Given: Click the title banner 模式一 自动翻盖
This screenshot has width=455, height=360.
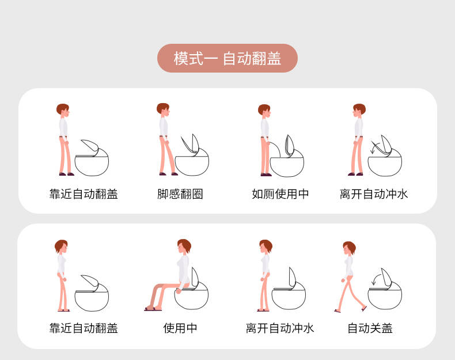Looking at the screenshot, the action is click(227, 58).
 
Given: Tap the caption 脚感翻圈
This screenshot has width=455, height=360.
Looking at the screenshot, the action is click(180, 194).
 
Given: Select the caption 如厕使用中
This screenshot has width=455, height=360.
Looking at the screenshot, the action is click(280, 194).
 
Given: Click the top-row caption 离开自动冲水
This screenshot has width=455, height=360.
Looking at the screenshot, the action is click(374, 194).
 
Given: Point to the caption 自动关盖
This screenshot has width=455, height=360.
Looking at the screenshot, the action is click(370, 328).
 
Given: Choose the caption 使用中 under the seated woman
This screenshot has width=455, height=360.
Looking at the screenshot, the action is click(180, 328).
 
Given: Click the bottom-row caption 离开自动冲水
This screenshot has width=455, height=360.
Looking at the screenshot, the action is click(280, 328).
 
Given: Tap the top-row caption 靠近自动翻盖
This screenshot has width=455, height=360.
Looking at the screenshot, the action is click(84, 194).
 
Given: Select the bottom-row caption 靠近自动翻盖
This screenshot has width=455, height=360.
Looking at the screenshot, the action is click(84, 328).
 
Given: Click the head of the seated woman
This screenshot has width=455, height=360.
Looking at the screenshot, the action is click(184, 247).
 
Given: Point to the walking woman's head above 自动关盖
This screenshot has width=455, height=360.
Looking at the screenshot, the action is click(349, 248).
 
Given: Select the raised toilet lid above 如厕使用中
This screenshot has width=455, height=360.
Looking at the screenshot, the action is click(290, 146).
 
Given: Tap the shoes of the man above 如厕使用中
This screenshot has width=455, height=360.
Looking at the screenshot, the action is click(266, 175).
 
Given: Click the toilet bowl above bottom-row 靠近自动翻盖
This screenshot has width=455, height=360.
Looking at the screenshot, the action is click(92, 301).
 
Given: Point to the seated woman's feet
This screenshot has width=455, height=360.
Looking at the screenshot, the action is click(153, 309).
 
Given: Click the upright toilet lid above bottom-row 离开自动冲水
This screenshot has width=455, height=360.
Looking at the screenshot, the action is click(292, 278).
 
